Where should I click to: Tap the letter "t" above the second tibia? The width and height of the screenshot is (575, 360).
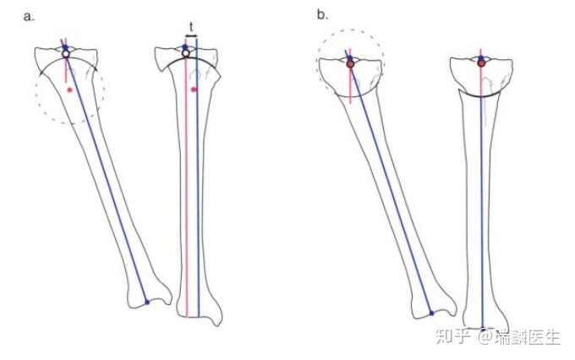(191, 26)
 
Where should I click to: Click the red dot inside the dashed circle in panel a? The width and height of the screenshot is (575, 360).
(70, 89)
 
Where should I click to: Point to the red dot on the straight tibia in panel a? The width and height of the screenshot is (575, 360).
(194, 89)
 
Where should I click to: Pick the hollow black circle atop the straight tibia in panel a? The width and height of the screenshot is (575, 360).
(186, 53)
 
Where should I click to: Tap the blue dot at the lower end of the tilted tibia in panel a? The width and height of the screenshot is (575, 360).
(146, 302)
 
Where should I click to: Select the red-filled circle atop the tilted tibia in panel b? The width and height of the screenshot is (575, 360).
(349, 63)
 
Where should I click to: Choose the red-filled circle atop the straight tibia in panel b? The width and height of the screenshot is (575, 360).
(481, 63)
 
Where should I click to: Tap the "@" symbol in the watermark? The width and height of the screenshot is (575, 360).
(483, 338)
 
